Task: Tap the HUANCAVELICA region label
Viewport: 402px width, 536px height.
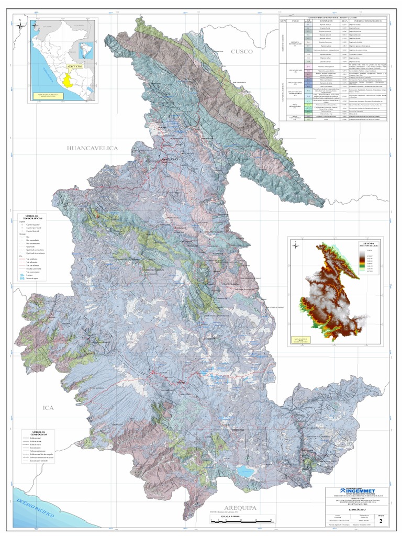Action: (x=92, y=148)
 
